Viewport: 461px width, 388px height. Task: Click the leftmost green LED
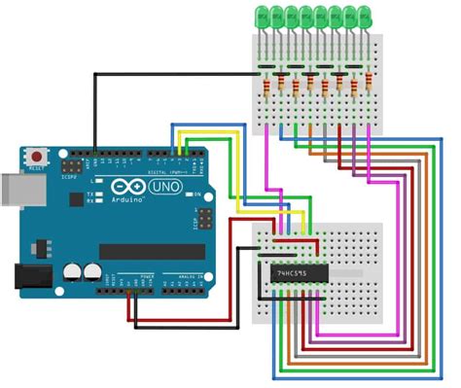[x=262, y=17]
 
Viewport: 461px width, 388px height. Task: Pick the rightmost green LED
[x=364, y=17]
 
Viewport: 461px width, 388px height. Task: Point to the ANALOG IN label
[x=180, y=277]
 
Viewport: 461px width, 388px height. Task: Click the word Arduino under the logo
[x=128, y=200]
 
